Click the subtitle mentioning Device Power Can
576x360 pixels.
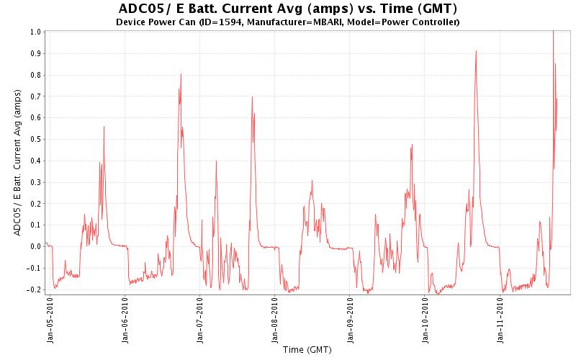(287, 22)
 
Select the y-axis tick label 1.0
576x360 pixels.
(35, 32)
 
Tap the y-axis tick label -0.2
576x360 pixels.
(34, 289)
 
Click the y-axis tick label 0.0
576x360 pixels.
(35, 246)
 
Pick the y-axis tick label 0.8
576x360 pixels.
(35, 75)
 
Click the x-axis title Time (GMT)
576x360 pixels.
(307, 350)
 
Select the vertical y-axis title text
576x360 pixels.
(17, 162)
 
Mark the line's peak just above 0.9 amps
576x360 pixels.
(476, 51)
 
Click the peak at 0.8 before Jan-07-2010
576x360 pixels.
(181, 74)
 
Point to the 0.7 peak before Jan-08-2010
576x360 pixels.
(252, 96)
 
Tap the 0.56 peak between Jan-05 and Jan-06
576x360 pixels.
(104, 127)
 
